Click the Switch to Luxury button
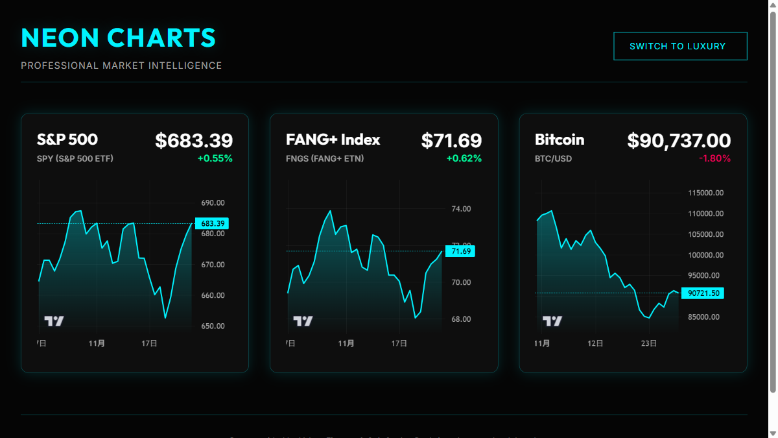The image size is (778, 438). (680, 46)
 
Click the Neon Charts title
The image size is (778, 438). (118, 38)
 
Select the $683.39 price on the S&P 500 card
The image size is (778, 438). (194, 141)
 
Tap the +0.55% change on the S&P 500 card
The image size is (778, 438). (215, 158)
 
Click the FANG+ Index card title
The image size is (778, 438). (333, 140)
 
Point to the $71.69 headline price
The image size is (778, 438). (451, 141)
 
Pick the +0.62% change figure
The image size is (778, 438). (464, 158)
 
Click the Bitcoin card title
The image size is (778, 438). (560, 140)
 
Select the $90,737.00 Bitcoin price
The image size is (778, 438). (679, 141)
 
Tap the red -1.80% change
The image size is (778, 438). (714, 158)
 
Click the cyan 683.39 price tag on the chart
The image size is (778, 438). (212, 224)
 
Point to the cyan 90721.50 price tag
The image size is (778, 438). (703, 293)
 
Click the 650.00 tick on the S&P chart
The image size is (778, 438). (213, 326)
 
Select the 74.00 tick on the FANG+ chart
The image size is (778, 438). (461, 209)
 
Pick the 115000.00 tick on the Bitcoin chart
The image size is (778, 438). (706, 193)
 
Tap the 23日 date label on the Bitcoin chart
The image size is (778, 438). (649, 343)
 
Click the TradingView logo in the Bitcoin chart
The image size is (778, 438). (552, 321)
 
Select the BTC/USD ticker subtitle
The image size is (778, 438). (553, 158)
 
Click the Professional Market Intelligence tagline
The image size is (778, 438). (121, 66)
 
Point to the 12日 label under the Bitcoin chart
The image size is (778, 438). (595, 343)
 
